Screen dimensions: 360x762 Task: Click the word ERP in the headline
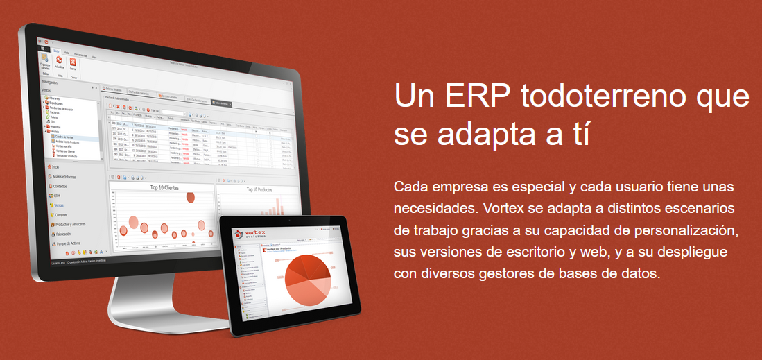[474, 96]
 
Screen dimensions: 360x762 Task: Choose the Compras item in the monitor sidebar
[60, 215]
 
